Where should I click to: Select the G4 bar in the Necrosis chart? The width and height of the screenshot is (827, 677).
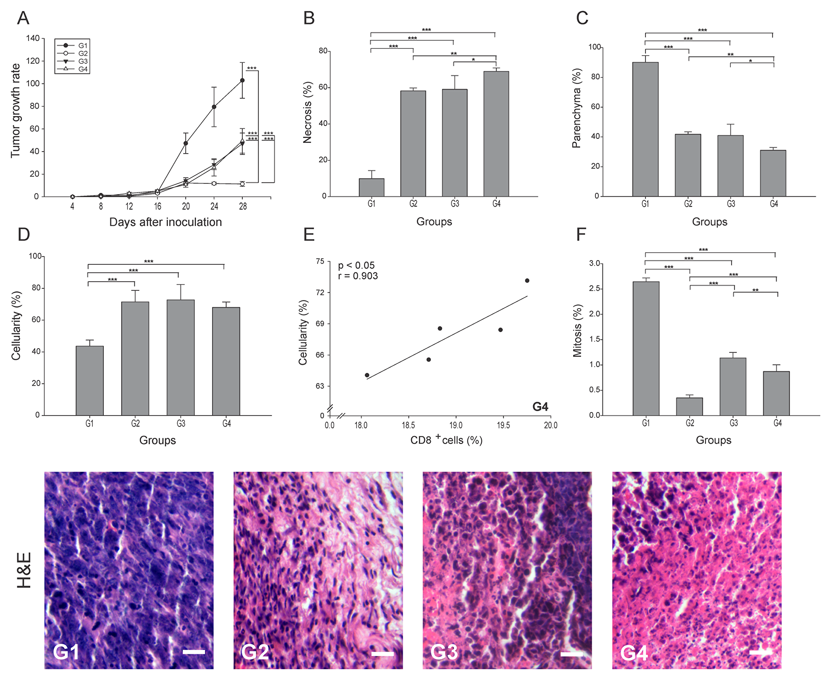496,134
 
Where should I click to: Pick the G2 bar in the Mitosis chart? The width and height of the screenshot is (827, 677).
689,406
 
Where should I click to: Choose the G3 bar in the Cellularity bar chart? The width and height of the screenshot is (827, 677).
181,358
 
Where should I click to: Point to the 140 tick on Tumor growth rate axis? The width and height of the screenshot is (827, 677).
33,38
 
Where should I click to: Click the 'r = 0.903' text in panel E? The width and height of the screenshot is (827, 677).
358,276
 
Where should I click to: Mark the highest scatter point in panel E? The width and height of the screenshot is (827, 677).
527,281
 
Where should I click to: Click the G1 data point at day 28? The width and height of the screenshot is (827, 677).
243,80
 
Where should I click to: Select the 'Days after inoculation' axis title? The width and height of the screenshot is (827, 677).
165,222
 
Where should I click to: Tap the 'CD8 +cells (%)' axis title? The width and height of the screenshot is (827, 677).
447,440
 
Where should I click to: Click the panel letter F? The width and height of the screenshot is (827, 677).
581,235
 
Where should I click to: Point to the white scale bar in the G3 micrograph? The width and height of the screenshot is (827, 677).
572,654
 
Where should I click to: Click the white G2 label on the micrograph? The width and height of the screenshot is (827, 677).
255,652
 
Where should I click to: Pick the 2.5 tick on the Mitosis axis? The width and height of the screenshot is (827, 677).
582,289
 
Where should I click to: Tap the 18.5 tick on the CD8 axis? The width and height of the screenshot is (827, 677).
409,425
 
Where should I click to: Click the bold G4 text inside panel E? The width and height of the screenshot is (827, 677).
540,407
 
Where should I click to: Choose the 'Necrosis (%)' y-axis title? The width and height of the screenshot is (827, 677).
307,123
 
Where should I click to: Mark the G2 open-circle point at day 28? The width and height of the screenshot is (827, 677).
243,184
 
